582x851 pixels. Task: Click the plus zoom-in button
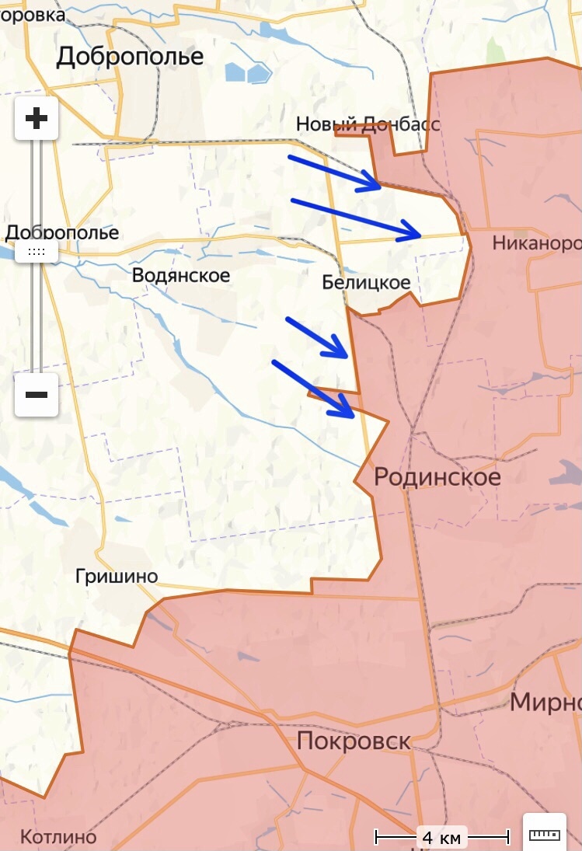pos(37,119)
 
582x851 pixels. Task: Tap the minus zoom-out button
pos(37,394)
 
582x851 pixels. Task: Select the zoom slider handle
pos(37,251)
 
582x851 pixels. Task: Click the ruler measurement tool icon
pos(544,834)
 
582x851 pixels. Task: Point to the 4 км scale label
pos(441,838)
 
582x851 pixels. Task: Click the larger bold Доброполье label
pos(130,56)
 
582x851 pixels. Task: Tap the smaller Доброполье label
pos(62,232)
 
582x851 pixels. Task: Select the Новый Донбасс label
pos(368,124)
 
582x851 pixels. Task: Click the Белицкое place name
pos(366,283)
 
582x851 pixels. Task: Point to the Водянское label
pos(181,275)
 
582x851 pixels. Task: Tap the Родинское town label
pos(437,476)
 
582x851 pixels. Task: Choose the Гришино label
pos(117,576)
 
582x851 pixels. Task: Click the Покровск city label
pos(354,741)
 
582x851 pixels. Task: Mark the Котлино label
pos(58,837)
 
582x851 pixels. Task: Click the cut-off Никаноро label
pos(536,244)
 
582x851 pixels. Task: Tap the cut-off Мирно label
pos(545,703)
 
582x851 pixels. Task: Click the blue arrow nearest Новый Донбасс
pos(334,172)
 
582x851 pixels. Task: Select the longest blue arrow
pos(355,217)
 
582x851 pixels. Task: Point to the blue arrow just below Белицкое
pos(316,337)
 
